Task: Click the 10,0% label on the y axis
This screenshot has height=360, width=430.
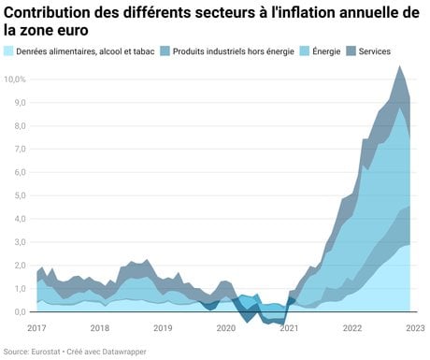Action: (14, 79)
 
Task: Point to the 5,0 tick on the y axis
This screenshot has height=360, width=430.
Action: (20, 195)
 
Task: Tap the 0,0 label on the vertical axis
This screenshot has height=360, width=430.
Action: (20, 311)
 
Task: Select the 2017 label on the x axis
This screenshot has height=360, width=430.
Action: (36, 328)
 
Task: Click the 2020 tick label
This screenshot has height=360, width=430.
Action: (226, 328)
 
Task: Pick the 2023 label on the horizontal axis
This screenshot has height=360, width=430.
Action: (415, 328)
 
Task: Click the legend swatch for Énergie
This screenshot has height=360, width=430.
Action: (305, 51)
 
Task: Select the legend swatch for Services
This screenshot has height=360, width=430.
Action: (351, 51)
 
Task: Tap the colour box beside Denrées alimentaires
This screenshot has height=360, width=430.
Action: (8, 51)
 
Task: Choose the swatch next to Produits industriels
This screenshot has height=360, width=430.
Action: (165, 51)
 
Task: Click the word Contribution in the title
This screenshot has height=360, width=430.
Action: (48, 13)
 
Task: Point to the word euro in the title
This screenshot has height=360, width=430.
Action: (73, 31)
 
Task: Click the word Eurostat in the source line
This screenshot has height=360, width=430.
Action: (46, 352)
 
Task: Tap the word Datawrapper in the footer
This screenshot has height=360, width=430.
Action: (124, 352)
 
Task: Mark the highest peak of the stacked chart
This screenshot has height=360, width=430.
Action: (399, 65)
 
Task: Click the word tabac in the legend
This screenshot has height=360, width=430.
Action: (144, 51)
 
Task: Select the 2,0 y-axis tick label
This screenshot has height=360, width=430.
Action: (20, 266)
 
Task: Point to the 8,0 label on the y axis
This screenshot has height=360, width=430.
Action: (20, 126)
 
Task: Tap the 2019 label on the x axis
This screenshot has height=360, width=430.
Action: (163, 328)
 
